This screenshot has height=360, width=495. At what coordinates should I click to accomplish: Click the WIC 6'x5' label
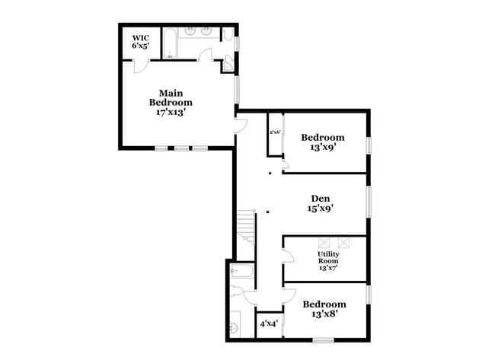(140, 41)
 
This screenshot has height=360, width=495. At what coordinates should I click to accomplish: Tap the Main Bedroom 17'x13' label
(171, 102)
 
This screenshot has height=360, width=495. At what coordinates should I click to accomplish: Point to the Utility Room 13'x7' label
(328, 260)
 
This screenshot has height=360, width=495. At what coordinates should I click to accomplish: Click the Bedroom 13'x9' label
(322, 142)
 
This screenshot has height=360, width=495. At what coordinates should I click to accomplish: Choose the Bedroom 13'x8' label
(324, 309)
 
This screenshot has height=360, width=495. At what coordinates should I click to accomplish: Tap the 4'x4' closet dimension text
(268, 323)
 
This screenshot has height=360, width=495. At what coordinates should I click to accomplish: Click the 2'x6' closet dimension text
(275, 132)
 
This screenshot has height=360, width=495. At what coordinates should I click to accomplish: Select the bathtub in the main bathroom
(171, 43)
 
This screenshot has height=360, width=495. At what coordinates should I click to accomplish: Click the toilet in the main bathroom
(227, 35)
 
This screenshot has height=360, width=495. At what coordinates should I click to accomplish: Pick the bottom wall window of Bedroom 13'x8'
(324, 339)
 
